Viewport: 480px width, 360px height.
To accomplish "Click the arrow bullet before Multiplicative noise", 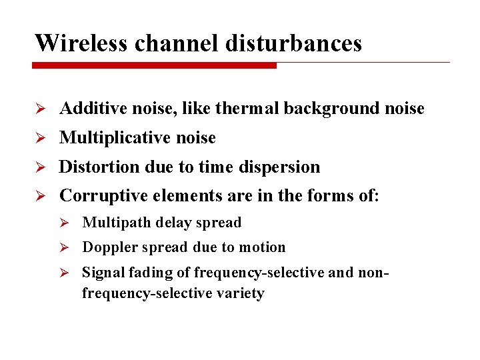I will coord(40,138).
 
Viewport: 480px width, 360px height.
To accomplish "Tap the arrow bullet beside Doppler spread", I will coord(65,247).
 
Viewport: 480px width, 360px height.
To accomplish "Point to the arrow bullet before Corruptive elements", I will coord(40,196).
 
